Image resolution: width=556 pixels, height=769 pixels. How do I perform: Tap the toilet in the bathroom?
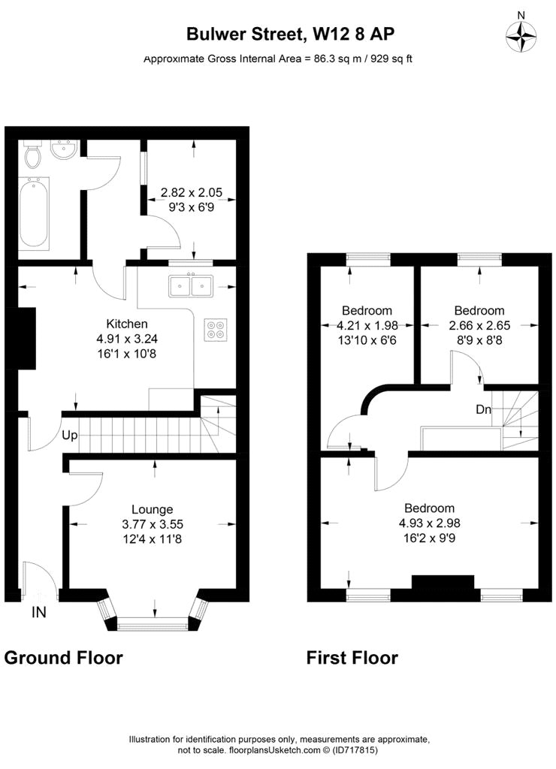click(33, 156)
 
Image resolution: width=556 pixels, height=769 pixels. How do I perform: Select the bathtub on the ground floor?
click(33, 213)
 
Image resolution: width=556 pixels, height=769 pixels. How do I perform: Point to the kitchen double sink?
click(192, 286)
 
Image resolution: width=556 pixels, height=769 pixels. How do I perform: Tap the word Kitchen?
click(122, 324)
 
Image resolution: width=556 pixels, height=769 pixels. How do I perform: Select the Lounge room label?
click(153, 509)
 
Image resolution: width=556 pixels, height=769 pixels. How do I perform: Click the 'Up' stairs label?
click(69, 436)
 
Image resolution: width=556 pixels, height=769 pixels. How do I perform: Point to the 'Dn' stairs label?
click(484, 410)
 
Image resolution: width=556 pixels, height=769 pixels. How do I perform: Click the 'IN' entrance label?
click(38, 613)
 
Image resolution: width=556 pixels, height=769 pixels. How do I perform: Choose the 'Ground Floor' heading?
click(63, 658)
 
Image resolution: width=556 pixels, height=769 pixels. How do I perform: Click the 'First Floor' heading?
click(352, 658)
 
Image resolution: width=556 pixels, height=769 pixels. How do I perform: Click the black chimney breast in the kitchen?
click(26, 338)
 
